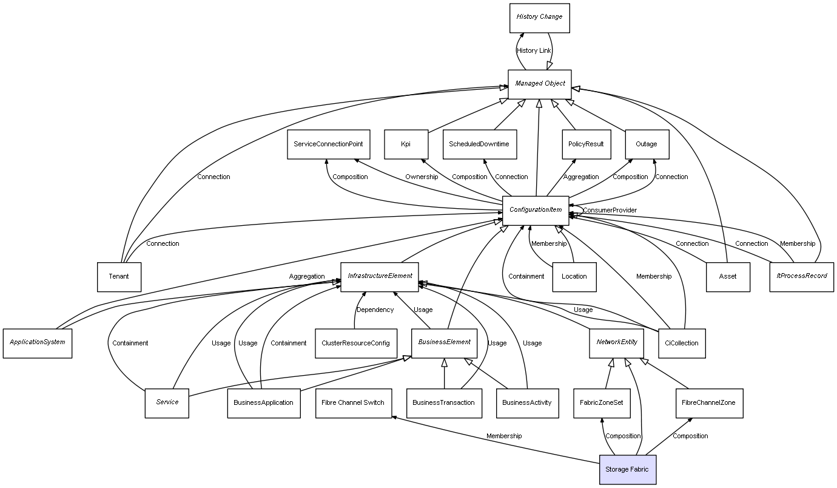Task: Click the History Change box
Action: [x=539, y=18]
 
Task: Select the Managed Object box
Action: [x=539, y=84]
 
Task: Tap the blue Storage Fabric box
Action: [x=627, y=469]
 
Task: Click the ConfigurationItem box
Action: [x=535, y=211]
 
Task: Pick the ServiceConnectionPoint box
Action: [x=328, y=144]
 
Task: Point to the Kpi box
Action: [x=406, y=144]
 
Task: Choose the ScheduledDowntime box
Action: [x=479, y=144]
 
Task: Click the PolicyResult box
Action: [x=586, y=144]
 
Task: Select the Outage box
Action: [x=646, y=144]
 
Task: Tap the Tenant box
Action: [x=119, y=277]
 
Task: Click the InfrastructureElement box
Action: [x=380, y=277]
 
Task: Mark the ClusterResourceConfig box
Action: [x=356, y=343]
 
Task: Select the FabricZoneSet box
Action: [x=601, y=403]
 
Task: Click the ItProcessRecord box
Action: [x=801, y=277]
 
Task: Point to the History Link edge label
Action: [x=534, y=50]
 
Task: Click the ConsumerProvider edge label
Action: [x=610, y=210]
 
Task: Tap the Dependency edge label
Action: [x=375, y=310]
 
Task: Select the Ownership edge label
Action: [x=422, y=177]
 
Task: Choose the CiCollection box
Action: [x=681, y=343]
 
